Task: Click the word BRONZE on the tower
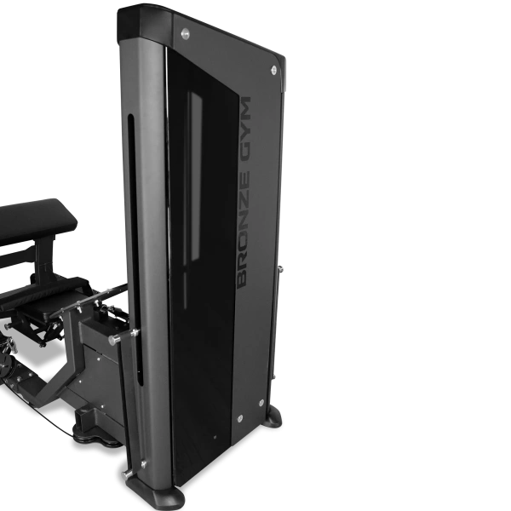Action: click(x=243, y=229)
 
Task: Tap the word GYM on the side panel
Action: click(x=244, y=131)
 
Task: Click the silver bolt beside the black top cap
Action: click(x=185, y=33)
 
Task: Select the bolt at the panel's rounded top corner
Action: click(x=273, y=70)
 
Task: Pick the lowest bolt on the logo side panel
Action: click(x=240, y=418)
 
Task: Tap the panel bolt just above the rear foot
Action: click(x=261, y=403)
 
